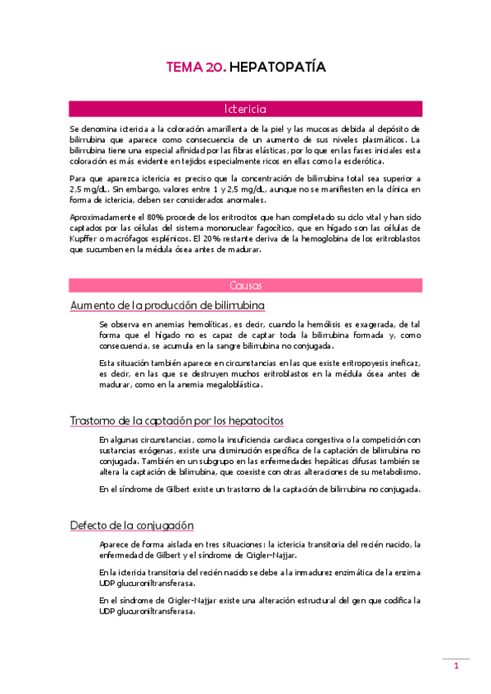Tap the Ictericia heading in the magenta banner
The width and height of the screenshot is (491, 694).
[x=245, y=108]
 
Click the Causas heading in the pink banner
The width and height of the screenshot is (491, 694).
[x=245, y=286]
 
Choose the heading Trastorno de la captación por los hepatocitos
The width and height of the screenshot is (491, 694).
[x=176, y=421]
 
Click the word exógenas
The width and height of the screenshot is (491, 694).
[x=161, y=451]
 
